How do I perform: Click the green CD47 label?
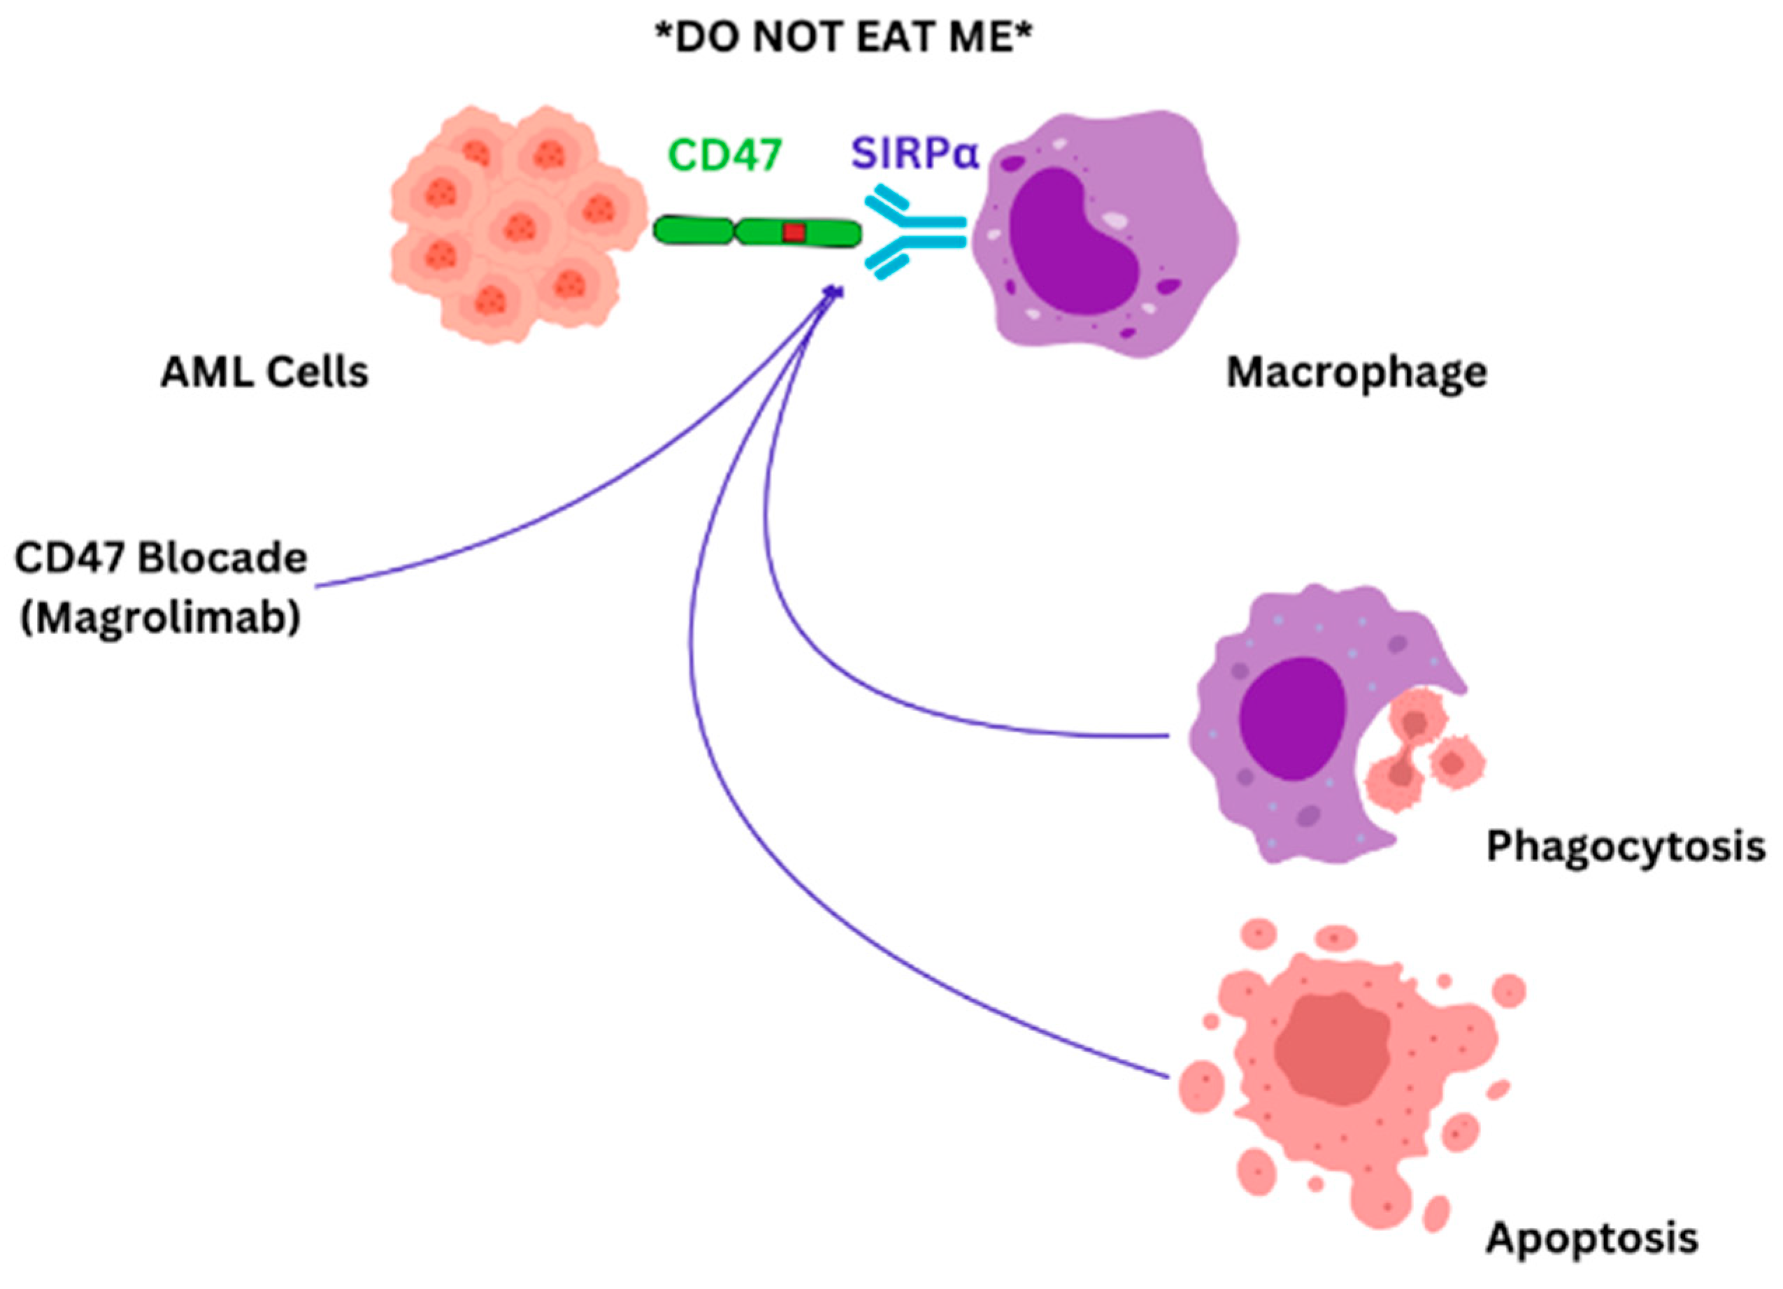pyautogui.click(x=725, y=155)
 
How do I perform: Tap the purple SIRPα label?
pyautogui.click(x=915, y=154)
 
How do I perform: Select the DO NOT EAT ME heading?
pyautogui.click(x=843, y=38)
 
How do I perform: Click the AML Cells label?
pyautogui.click(x=264, y=372)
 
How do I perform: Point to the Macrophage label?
pyautogui.click(x=1356, y=372)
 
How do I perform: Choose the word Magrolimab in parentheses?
pyautogui.click(x=160, y=619)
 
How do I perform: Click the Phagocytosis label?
pyautogui.click(x=1625, y=847)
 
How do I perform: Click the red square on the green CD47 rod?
pyautogui.click(x=793, y=233)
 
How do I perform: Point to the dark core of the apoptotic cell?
pyautogui.click(x=1332, y=1049)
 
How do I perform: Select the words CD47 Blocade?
pyautogui.click(x=160, y=559)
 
